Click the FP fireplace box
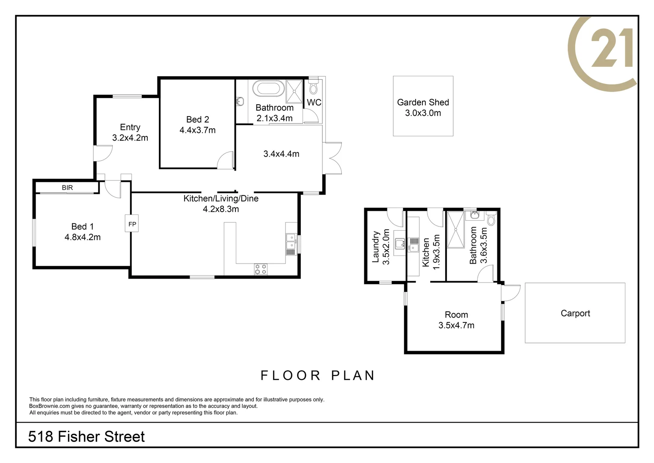tap(132, 223)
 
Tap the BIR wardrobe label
tap(67, 188)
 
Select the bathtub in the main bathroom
tap(268, 89)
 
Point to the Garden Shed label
tap(423, 102)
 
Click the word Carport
tap(575, 313)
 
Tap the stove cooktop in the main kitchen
tap(260, 269)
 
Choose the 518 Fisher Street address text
tap(86, 437)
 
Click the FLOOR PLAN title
tap(318, 376)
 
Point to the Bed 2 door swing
tap(225, 160)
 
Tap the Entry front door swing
tap(102, 153)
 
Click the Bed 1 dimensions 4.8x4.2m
tap(83, 237)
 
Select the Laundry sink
tap(400, 244)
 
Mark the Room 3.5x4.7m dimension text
tap(456, 325)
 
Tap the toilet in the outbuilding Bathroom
tap(491, 218)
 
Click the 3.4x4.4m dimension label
tap(281, 154)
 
